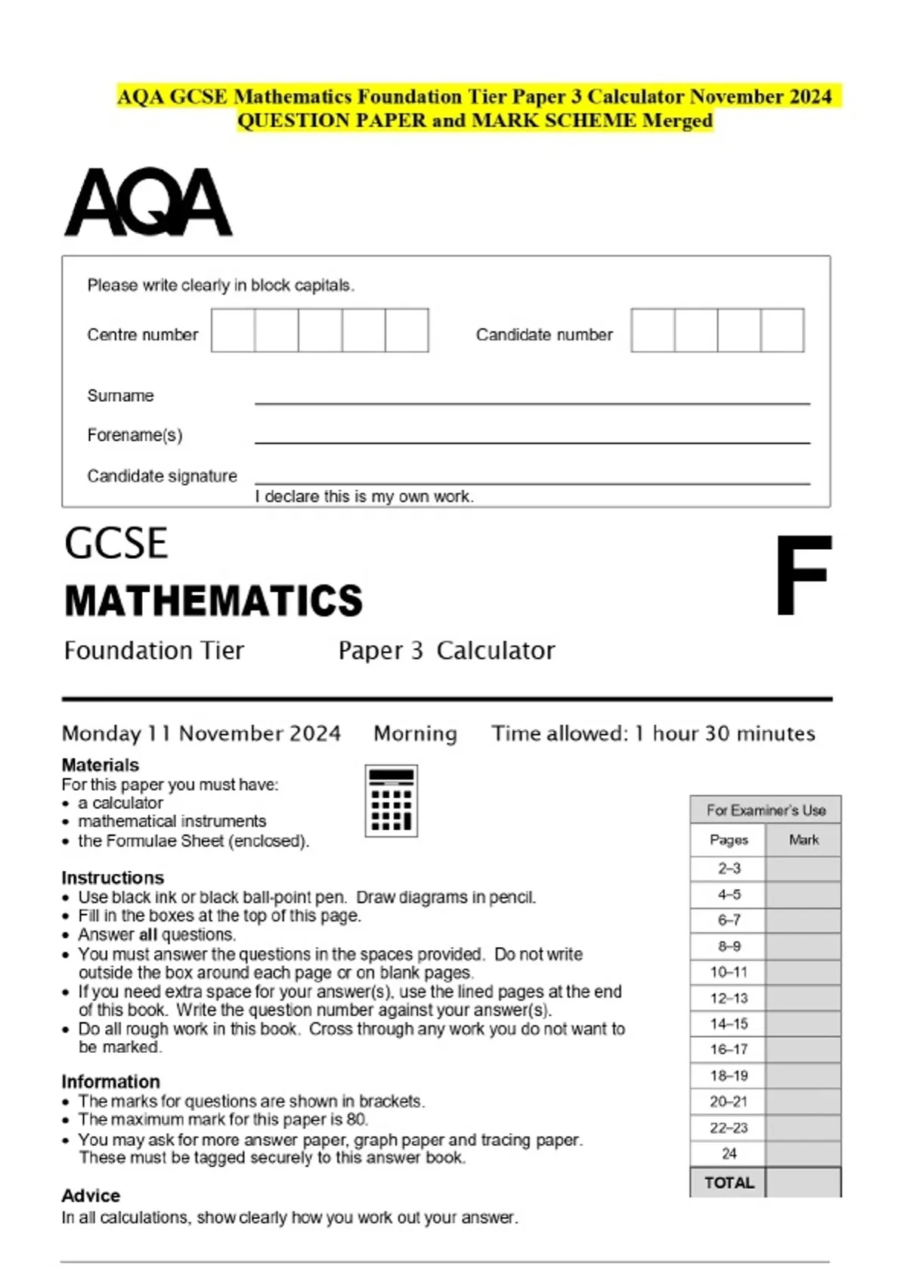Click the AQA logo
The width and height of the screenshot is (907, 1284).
point(148,202)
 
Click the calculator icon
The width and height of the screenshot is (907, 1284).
point(391,801)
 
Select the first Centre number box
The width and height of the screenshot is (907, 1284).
point(233,330)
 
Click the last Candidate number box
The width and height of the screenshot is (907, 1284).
point(782,330)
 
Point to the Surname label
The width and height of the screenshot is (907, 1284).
point(120,396)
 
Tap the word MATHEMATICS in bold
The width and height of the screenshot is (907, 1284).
point(214,601)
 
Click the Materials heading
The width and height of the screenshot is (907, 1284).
point(101,764)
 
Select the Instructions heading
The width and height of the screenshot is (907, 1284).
point(113,878)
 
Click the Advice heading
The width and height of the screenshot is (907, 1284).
point(91,1196)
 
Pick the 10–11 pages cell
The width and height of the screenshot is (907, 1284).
point(729,972)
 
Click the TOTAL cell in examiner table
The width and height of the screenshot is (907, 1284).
point(729,1183)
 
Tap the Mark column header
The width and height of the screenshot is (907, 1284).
point(803,840)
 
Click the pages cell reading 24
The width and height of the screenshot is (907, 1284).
point(729,1153)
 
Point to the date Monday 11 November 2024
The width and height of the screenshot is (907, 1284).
point(201,733)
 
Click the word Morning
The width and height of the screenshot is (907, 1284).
point(415,733)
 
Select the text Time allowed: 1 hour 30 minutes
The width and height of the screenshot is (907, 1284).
point(653,733)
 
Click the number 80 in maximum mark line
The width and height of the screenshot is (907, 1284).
point(357,1119)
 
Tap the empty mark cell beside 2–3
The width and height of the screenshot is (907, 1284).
point(803,869)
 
